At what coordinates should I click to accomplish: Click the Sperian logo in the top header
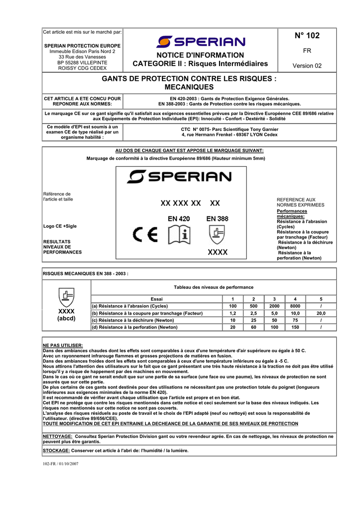pos(200,42)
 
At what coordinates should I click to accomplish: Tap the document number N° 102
pos(307,36)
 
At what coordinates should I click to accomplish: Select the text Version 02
pos(307,65)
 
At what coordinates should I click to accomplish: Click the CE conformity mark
pos(145,235)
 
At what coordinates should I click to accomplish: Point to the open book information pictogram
pos(179,235)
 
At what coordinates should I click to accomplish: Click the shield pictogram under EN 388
pos(217,233)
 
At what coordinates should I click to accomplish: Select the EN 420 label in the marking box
pos(179,218)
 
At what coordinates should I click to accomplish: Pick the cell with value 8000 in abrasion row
pos(295,306)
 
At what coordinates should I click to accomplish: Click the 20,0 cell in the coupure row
pos(321,313)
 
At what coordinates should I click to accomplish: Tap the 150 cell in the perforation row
pos(295,327)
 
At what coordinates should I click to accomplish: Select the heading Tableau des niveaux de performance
pos(214,287)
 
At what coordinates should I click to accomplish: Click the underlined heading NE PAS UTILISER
pos(63,345)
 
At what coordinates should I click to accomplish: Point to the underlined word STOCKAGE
pos(56,450)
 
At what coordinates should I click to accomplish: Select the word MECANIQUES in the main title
pos(189,87)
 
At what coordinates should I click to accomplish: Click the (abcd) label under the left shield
pos(66,318)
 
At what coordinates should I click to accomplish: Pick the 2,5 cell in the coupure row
pos(253,313)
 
